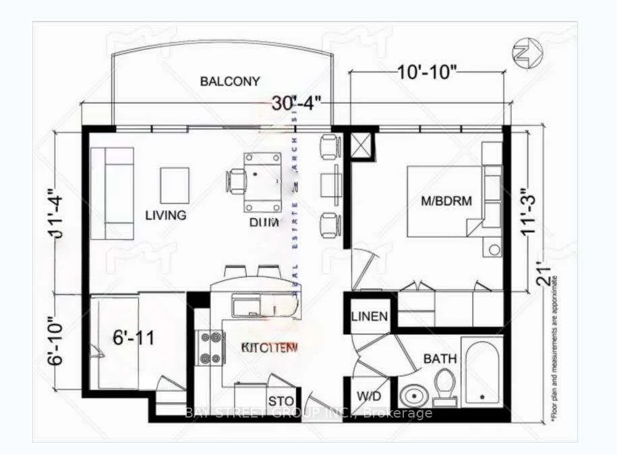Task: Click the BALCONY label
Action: click(x=230, y=82)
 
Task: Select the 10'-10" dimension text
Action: click(x=428, y=72)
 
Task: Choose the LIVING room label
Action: click(x=166, y=215)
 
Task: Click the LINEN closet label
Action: click(x=370, y=316)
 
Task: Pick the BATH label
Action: click(x=440, y=360)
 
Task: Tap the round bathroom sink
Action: click(x=412, y=397)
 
